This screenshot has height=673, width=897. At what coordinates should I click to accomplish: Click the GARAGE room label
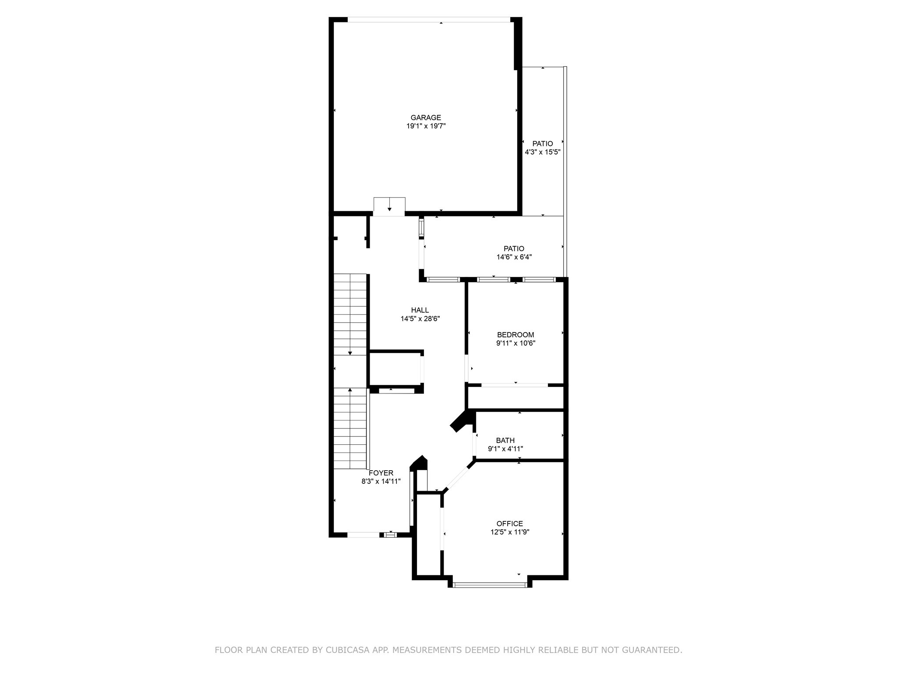425,117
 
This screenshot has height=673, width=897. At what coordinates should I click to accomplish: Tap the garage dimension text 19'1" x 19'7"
426,126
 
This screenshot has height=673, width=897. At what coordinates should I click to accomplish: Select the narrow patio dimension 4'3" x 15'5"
543,152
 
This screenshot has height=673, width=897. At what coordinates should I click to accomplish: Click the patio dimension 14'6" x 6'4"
514,257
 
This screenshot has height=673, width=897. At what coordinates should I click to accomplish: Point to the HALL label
420,310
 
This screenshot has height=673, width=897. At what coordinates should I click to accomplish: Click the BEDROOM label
515,335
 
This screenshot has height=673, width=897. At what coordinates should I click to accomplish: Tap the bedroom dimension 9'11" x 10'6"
516,344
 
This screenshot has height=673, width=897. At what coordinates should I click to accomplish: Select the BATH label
505,440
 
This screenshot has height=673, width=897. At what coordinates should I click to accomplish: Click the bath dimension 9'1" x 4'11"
505,449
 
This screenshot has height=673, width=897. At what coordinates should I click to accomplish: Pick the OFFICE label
509,524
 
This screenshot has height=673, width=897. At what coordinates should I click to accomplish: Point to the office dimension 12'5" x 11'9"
510,532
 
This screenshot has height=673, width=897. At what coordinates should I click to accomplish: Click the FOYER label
381,473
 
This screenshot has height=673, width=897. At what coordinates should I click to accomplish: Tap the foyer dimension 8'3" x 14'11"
381,481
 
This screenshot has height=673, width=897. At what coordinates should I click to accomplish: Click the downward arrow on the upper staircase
350,352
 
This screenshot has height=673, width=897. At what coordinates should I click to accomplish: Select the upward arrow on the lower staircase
350,390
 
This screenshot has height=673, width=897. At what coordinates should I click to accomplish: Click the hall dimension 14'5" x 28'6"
420,319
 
